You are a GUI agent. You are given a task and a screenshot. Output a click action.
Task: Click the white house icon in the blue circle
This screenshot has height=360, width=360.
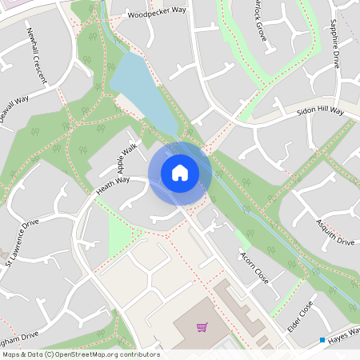tap(180, 172)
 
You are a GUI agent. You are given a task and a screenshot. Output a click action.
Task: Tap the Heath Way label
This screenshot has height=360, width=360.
tap(113, 186)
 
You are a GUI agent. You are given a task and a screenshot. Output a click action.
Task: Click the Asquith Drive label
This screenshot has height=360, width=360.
tap(334, 230)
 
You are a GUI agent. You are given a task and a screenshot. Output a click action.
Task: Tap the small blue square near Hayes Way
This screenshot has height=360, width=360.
tap(322, 340)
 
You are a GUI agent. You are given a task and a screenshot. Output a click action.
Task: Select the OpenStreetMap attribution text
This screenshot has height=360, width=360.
tap(80, 354)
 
